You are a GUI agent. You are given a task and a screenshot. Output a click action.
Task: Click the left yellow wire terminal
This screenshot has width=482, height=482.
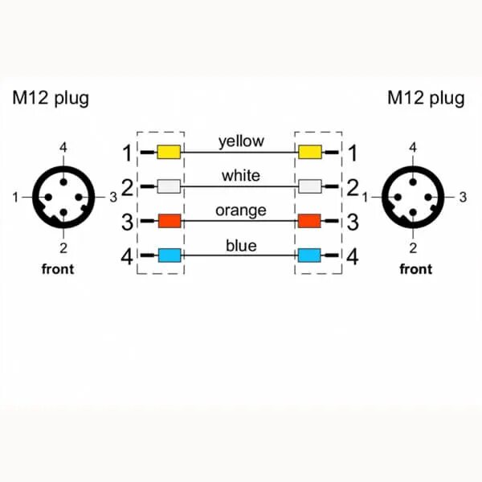(169, 152)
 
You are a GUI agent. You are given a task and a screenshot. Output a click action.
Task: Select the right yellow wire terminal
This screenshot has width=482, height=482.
(309, 152)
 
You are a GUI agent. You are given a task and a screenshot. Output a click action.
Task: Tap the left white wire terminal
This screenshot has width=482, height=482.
(169, 186)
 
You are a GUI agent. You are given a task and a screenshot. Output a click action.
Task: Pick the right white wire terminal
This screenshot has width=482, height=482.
(309, 186)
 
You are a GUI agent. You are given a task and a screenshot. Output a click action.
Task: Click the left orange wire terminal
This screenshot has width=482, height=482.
(169, 221)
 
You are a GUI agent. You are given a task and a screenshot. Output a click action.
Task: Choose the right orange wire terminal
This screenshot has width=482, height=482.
(309, 221)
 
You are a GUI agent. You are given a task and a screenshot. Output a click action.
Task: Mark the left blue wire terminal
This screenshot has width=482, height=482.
(169, 256)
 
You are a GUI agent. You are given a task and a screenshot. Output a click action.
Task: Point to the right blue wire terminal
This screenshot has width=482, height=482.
(309, 256)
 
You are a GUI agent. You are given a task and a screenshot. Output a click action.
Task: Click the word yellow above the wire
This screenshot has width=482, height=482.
(240, 141)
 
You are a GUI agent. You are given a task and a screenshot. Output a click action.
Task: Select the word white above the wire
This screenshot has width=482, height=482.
(240, 176)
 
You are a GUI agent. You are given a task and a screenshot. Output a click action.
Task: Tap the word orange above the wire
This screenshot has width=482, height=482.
(240, 210)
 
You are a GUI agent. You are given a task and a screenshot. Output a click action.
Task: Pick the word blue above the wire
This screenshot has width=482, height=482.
(240, 245)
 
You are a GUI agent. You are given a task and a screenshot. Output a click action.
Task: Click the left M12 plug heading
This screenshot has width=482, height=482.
(50, 99)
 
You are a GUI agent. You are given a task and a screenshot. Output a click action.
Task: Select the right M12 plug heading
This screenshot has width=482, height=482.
(426, 99)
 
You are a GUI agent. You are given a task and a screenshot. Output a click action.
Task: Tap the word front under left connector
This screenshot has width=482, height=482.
(57, 269)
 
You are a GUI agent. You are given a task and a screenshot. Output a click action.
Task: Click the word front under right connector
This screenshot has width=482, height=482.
(415, 269)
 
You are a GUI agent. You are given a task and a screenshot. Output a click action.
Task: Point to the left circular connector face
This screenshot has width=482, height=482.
(63, 197)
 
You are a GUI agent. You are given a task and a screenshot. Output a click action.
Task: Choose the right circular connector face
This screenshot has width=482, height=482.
(413, 197)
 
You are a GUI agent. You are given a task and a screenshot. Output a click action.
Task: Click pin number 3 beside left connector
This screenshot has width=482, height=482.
(113, 197)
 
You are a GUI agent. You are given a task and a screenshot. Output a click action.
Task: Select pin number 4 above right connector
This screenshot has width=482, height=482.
(413, 147)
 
